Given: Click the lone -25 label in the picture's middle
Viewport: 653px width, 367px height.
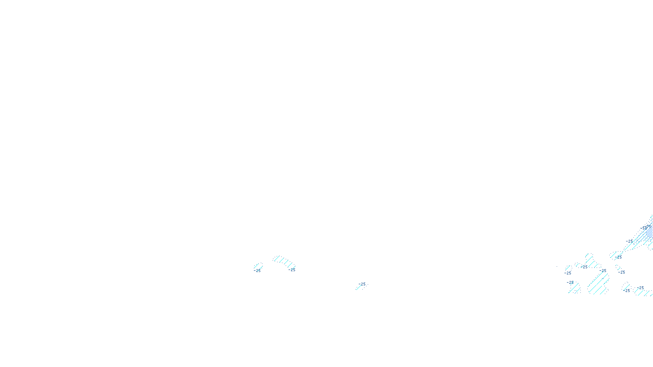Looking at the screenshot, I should click(362, 284).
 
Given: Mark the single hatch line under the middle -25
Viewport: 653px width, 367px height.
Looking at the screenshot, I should click(359, 287).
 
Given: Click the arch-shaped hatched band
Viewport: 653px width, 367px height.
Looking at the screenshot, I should click(283, 261).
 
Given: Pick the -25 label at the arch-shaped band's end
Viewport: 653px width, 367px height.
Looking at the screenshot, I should click(292, 270).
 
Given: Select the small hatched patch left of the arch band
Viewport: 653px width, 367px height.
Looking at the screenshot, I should click(258, 265).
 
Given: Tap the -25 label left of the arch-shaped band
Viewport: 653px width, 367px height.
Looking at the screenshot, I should click(257, 270).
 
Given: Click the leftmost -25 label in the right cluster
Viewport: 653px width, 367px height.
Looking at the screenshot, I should click(568, 273).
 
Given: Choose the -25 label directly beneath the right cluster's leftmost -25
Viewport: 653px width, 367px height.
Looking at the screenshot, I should click(570, 282).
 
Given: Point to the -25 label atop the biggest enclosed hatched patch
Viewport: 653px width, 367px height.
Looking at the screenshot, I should click(603, 270).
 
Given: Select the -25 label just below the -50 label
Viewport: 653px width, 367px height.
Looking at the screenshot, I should click(630, 241).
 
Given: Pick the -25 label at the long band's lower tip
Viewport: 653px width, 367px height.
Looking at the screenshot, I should click(619, 257).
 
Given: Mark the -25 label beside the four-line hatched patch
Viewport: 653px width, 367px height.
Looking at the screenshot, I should click(584, 267).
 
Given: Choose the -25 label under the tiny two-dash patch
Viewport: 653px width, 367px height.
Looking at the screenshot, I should click(622, 272).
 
